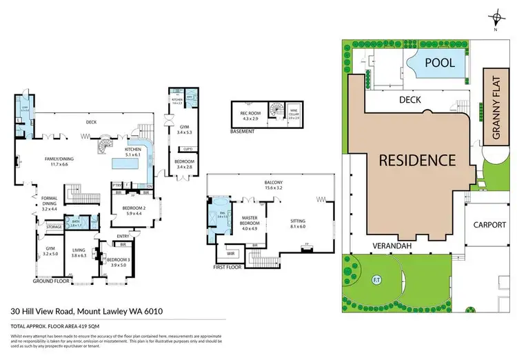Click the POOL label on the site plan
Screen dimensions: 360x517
click(438, 63)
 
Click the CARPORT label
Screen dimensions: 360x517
click(489, 225)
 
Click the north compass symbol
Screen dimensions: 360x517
click(495, 19)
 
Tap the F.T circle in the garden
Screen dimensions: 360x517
click(377, 280)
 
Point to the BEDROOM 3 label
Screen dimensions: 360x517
click(115, 261)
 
